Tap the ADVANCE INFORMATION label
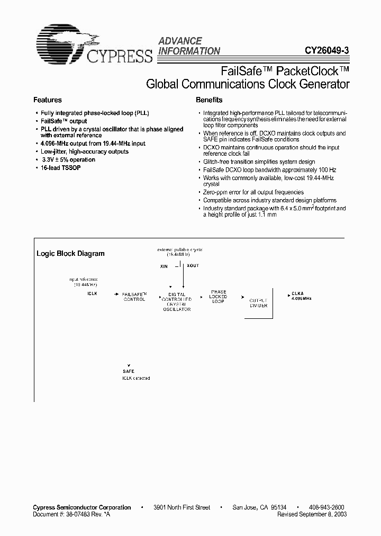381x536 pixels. coord(189,46)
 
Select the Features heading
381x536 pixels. coord(48,100)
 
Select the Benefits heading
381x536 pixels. coord(209,100)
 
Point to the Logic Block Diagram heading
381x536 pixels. coord(70,253)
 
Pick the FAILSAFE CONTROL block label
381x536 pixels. coord(134,297)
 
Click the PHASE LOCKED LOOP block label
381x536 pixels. coord(219,297)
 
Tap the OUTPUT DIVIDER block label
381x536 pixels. coord(258,302)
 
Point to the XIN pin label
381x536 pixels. coord(164,266)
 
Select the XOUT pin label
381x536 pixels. coord(193,266)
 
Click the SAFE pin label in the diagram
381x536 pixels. coord(129,371)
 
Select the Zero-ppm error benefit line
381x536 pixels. coord(253,192)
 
